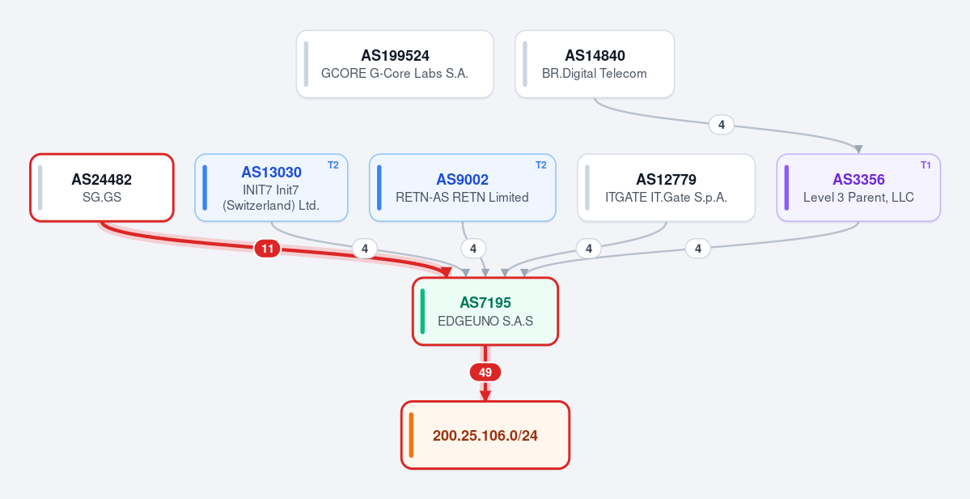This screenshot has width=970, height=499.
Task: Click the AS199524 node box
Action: click(x=395, y=64)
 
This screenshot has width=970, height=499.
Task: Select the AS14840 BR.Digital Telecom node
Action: click(x=595, y=64)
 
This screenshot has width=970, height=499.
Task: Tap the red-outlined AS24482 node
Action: click(x=102, y=188)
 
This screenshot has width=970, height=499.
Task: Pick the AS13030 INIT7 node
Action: click(x=272, y=188)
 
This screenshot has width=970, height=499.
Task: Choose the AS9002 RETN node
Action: click(x=463, y=188)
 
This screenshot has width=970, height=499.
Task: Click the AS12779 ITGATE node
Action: click(x=667, y=188)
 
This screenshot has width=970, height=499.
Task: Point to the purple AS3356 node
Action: click(x=858, y=188)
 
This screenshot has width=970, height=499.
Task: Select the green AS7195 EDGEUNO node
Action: click(x=485, y=311)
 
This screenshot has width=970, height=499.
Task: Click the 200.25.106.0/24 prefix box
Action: click(x=485, y=435)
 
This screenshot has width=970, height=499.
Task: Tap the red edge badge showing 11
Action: click(x=267, y=249)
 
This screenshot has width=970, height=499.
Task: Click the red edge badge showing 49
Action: click(x=485, y=372)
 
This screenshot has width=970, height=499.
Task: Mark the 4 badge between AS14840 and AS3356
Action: click(x=722, y=125)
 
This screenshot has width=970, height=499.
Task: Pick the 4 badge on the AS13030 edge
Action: click(x=365, y=249)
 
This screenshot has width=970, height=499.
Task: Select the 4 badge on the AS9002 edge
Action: click(x=473, y=249)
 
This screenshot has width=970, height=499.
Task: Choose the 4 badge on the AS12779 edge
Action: click(x=589, y=249)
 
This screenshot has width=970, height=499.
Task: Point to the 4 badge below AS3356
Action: click(x=698, y=249)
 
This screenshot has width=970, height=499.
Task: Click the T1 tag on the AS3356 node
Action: click(x=926, y=165)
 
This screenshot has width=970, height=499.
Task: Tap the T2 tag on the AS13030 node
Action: click(x=333, y=165)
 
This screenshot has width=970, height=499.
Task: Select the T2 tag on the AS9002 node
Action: click(x=540, y=165)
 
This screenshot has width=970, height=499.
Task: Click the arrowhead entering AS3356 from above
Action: click(x=858, y=149)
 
